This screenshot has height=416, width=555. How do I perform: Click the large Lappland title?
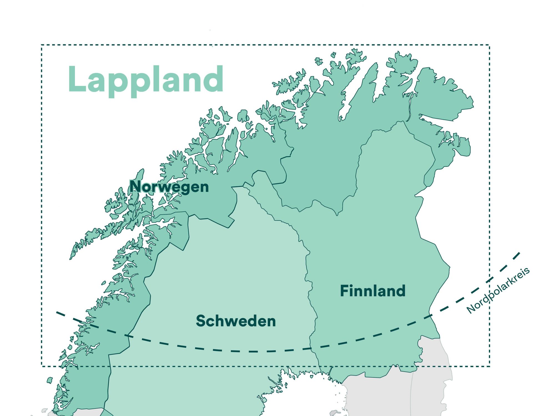[x=146, y=80]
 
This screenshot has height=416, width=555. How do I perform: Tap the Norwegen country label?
[x=169, y=187]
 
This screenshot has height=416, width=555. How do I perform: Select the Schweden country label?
[x=236, y=321]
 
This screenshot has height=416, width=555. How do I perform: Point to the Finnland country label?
[x=373, y=291]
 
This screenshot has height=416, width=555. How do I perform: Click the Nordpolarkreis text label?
[x=498, y=290]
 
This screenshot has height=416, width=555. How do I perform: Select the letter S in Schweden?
[x=201, y=321]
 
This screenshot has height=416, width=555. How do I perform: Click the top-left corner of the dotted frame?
[x=42, y=45]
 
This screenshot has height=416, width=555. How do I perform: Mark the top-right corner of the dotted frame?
[x=490, y=45]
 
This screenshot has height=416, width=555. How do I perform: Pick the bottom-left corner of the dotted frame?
[x=42, y=366]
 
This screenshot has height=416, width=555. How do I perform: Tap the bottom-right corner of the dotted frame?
[x=490, y=366]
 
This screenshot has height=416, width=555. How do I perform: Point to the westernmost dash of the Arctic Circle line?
[x=60, y=314]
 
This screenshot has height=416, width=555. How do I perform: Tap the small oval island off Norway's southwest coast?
[x=50, y=380]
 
